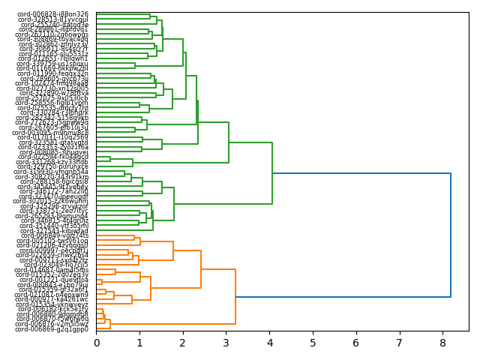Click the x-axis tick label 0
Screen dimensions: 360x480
coord(97,343)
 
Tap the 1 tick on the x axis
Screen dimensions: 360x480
coord(139,343)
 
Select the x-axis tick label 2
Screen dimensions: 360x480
coord(183,343)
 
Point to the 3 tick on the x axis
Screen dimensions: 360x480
coord(226,343)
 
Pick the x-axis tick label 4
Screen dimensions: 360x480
coord(269,343)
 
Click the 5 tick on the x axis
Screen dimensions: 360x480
coord(313,343)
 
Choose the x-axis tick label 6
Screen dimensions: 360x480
coord(356,343)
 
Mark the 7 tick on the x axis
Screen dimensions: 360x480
coord(399,343)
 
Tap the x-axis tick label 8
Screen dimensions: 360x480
coord(442,343)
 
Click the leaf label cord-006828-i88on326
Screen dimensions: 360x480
coord(54,14)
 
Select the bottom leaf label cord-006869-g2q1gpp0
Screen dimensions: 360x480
coord(54,329)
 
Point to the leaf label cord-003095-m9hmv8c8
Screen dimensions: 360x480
coord(54,133)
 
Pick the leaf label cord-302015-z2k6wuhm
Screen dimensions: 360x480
coord(54,201)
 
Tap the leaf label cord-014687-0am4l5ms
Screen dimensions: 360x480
coord(54,270)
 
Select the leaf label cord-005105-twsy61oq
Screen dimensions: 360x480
coord(54,241)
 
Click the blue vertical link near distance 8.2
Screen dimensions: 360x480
coord(451,235)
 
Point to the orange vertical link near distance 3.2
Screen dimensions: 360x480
coord(235,297)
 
